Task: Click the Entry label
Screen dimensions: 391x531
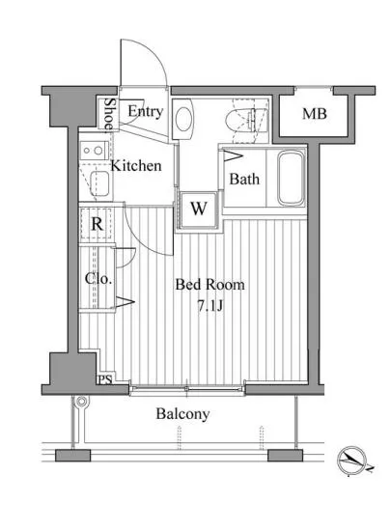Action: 146,111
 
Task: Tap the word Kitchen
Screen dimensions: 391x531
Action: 136,166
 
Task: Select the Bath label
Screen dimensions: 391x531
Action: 244,179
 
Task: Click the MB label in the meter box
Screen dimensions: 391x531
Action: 314,114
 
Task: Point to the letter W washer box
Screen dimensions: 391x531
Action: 198,209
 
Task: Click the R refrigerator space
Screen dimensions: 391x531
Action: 97,224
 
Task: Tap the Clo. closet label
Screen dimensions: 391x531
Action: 98,279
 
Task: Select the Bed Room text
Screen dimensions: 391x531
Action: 209,285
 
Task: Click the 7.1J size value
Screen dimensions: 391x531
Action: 209,306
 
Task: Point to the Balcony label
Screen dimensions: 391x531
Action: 182,414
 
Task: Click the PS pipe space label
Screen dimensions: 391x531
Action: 105,379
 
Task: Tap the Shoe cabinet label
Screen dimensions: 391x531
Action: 108,114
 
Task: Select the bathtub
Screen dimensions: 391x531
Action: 292,179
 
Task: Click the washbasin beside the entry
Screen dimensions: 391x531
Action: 183,119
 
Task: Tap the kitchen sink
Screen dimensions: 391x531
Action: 98,183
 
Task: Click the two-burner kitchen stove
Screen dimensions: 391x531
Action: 94,151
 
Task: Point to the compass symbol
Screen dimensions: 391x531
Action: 352,461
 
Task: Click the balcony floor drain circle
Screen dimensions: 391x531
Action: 81,402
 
